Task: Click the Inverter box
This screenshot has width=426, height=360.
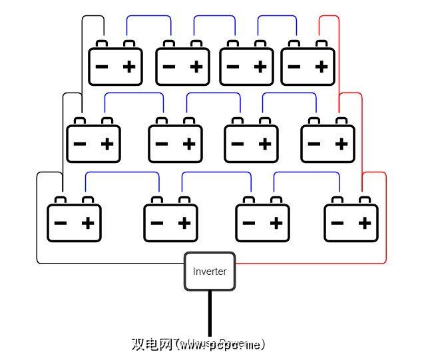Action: [210, 271]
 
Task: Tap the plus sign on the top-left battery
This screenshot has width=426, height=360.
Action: [130, 67]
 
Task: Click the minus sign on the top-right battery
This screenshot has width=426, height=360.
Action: [294, 67]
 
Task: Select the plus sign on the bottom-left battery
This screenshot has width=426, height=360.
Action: [88, 222]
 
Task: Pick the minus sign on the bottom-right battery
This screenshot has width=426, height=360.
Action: [337, 222]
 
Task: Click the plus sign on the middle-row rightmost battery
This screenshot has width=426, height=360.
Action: [342, 144]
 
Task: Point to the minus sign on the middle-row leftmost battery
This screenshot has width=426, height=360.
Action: [79, 144]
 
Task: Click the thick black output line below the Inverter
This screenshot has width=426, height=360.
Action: [210, 313]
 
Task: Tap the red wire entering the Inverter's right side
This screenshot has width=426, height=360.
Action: [300, 264]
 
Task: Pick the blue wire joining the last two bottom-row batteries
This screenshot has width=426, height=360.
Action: [306, 172]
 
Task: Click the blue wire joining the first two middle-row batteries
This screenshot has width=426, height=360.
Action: [133, 93]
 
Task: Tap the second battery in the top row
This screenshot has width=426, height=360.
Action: [182, 67]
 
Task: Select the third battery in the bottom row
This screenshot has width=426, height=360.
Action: [262, 222]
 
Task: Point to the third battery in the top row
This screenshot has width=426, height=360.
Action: [246, 67]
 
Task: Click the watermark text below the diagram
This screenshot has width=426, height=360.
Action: [198, 344]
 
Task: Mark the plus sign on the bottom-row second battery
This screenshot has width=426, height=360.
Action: [184, 222]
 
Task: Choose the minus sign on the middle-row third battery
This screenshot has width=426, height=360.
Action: [238, 144]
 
